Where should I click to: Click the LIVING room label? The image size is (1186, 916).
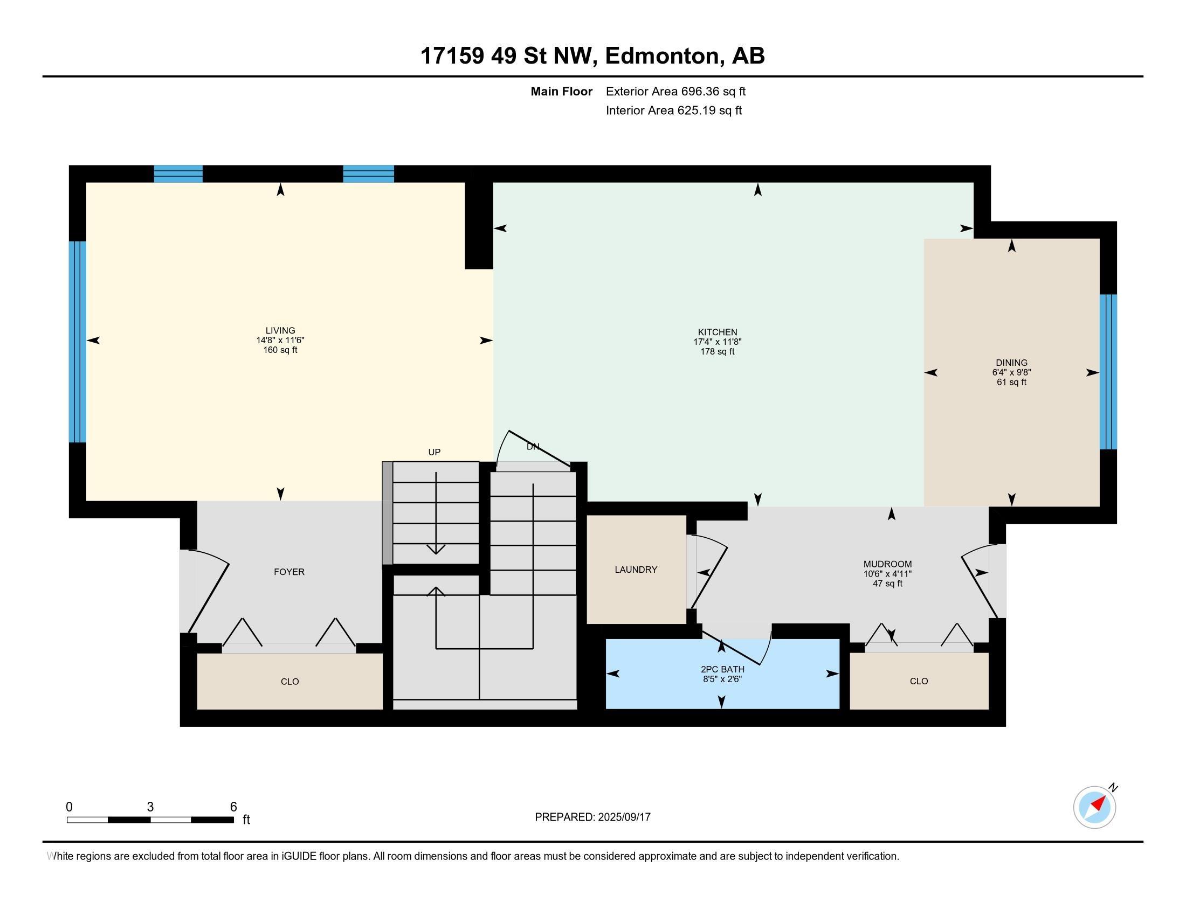point(280,330)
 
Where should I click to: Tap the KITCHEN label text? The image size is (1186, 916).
point(718,332)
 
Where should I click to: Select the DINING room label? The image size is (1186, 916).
point(1012,363)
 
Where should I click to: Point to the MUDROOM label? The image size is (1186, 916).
point(887,564)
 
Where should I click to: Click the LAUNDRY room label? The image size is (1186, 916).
point(636,569)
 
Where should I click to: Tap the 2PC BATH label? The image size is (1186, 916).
point(722,669)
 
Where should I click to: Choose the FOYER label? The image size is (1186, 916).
point(289,571)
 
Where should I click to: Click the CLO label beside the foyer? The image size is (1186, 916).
point(289,682)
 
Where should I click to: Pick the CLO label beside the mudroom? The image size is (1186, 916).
point(919,681)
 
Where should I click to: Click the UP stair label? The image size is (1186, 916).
point(434,452)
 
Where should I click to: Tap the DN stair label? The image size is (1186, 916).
point(533,447)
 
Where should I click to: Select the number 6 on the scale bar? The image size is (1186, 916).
point(233,807)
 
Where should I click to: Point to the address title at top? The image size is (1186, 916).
point(592,55)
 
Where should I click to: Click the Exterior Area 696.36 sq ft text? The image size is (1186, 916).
point(675,91)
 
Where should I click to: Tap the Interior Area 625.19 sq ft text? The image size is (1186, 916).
point(674,110)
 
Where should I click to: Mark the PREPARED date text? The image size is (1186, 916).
point(592,817)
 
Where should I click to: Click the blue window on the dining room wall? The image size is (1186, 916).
point(1108,372)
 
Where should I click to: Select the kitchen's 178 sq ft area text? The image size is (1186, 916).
point(718,352)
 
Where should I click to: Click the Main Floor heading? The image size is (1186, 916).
point(562,91)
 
